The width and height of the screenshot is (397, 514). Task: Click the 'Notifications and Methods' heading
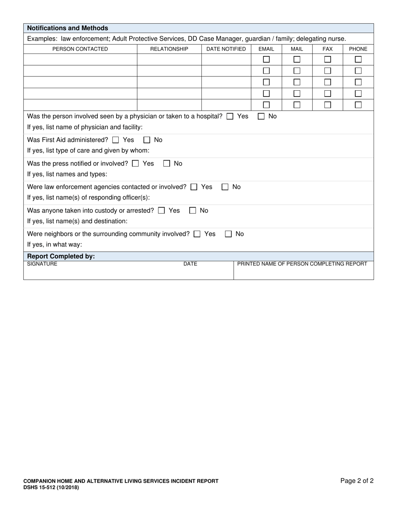pos(67,28)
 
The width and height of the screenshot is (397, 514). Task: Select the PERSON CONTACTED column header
pos(80,49)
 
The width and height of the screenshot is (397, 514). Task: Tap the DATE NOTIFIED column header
pos(226,49)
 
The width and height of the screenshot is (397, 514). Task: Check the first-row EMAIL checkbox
pos(266,59)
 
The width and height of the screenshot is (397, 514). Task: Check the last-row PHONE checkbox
pos(358,105)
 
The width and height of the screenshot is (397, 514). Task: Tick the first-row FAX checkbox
pos(328,59)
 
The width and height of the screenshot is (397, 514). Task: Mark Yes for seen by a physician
pos(230,117)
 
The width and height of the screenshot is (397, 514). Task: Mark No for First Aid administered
pos(147,140)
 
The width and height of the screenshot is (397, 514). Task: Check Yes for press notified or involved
pos(135,164)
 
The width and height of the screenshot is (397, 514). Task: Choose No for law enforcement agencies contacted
pos(225,187)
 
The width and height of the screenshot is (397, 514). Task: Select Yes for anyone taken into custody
pos(161,211)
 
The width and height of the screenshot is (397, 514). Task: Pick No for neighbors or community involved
pos(228,234)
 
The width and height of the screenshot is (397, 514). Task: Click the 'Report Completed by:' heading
pos(61,256)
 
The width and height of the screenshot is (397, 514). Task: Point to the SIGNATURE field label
pos(42,264)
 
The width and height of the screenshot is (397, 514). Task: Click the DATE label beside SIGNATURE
pos(190,264)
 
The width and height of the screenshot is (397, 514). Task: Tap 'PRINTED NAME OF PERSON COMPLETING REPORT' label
pos(302,264)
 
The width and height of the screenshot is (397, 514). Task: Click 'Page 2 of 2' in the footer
pos(357,481)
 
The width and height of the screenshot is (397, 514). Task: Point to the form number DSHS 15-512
pos(51,487)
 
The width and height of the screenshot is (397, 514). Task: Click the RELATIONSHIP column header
pos(169,49)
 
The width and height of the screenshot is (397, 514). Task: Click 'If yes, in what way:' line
pos(55,244)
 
